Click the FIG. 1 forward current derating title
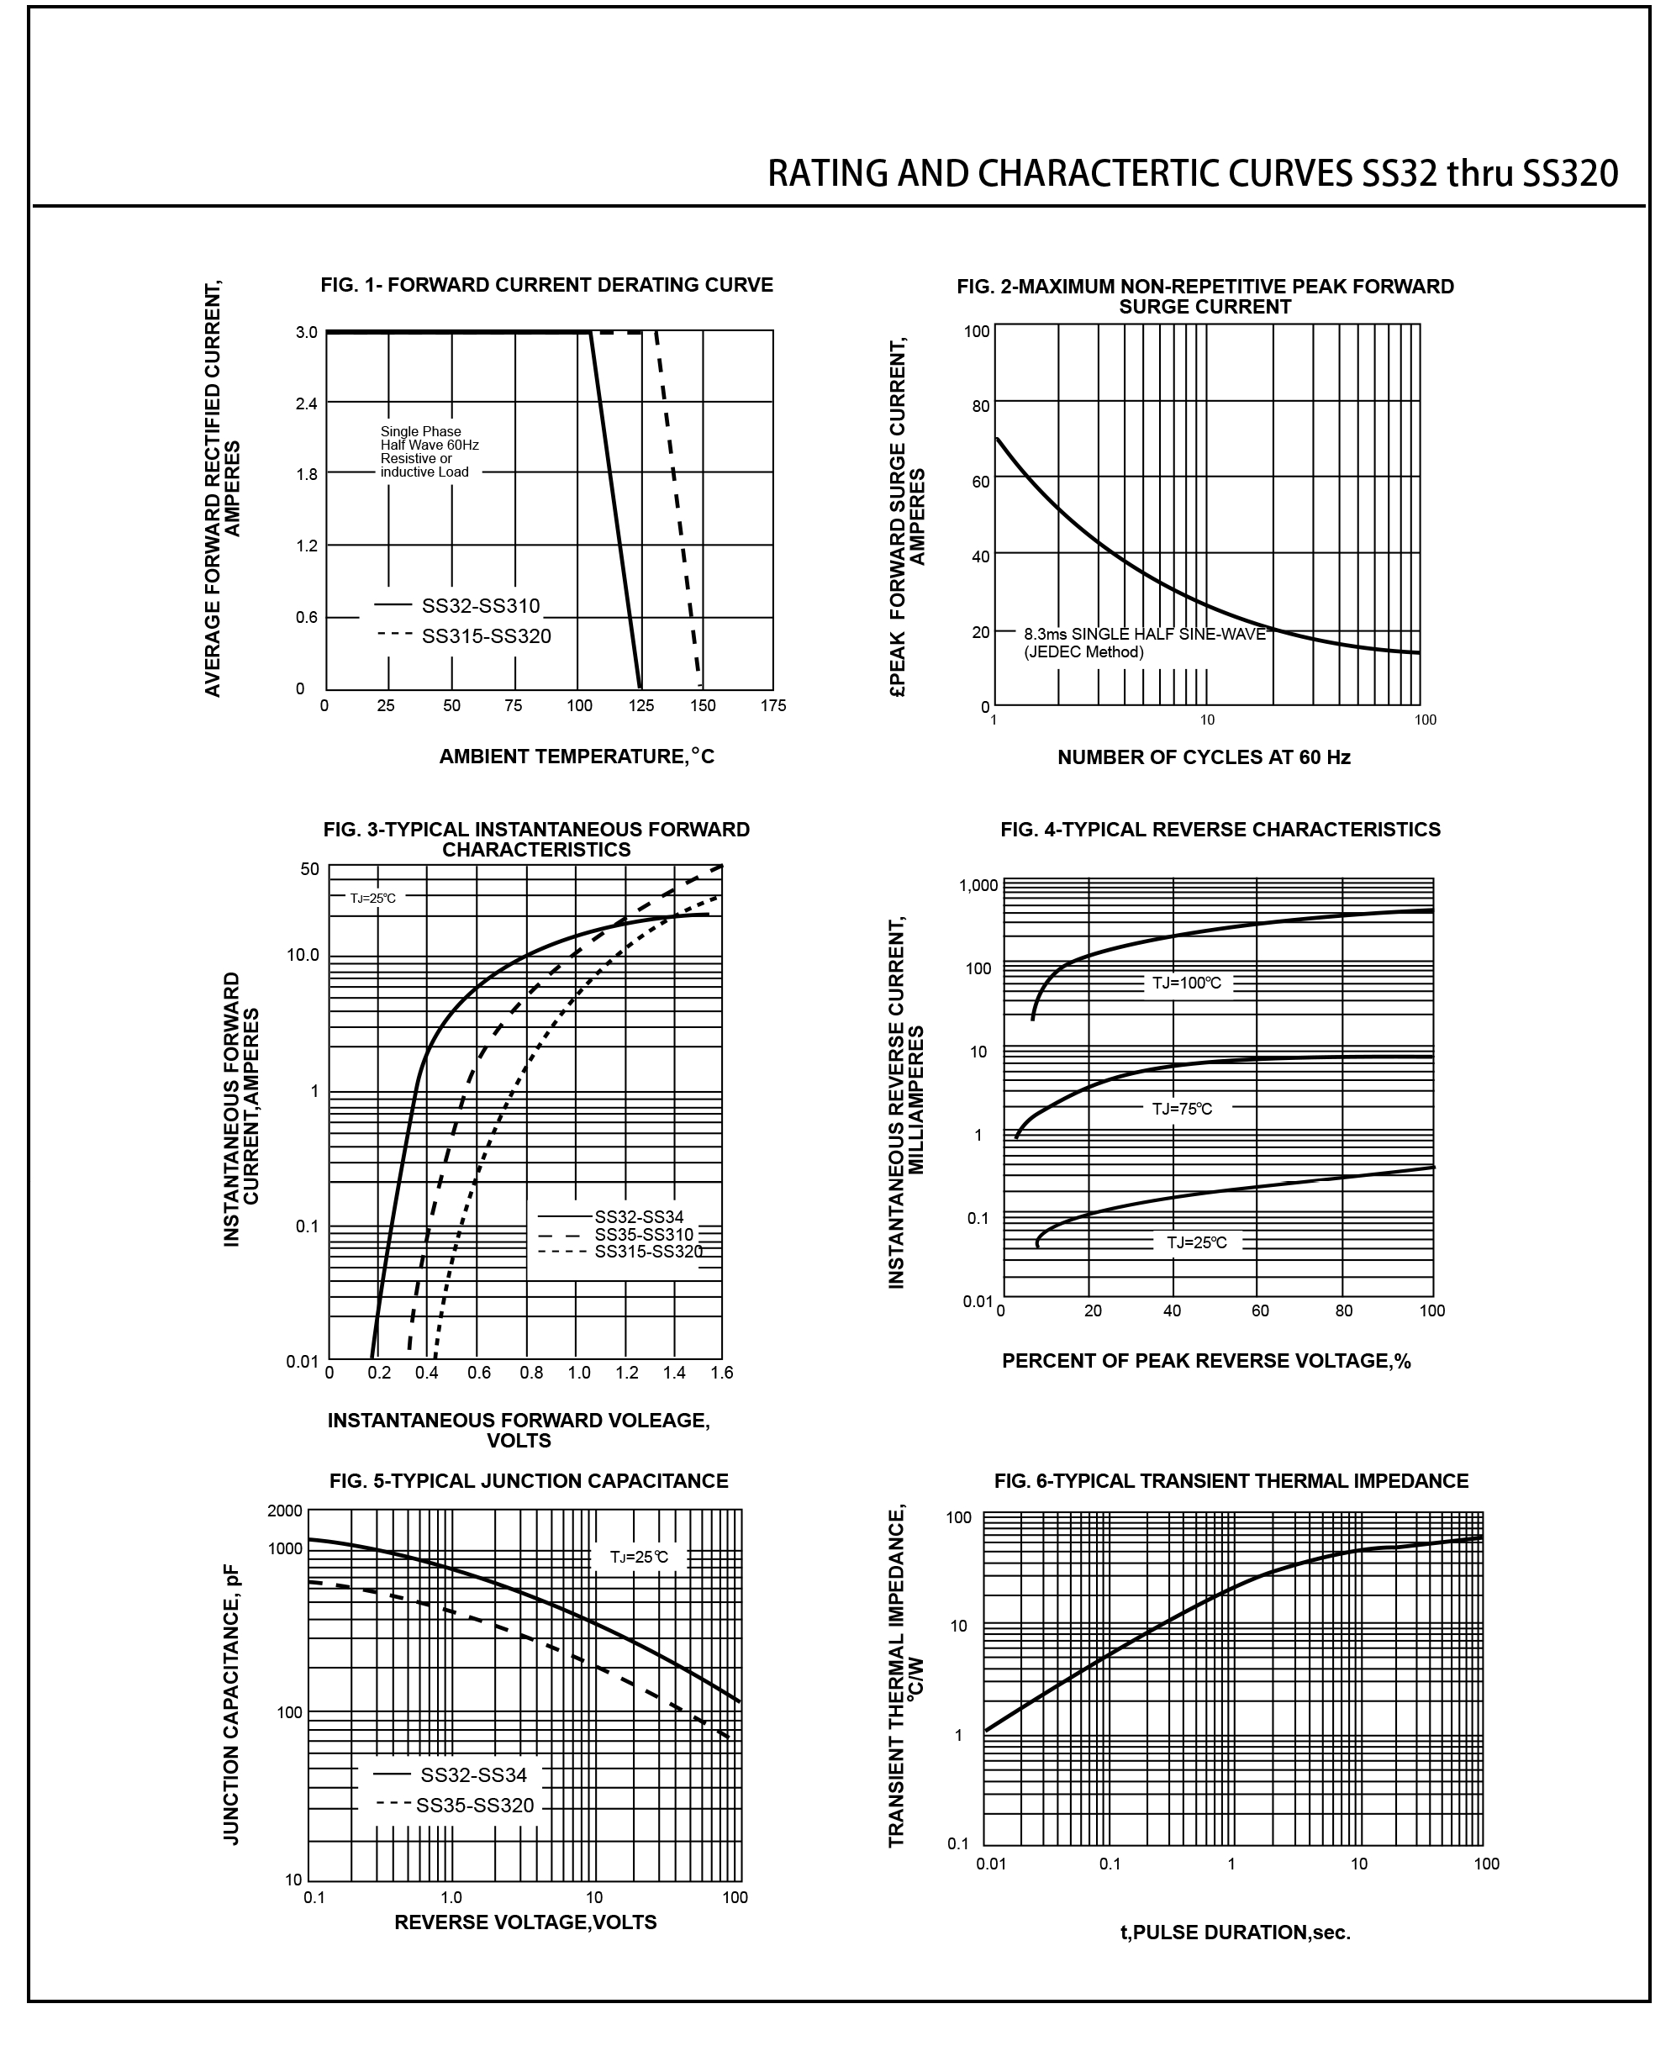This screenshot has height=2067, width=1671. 546,285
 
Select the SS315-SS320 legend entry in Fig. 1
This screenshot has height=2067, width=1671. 486,635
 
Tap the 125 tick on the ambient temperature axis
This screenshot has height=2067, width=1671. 641,706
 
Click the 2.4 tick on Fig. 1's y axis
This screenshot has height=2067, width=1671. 306,403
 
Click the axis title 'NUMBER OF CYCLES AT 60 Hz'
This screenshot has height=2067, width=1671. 1203,757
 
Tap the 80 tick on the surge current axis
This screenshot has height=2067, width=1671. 980,406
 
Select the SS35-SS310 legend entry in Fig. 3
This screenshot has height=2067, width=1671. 643,1234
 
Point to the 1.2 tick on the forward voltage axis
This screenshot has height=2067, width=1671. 627,1373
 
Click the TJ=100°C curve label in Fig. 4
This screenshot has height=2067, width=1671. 1187,983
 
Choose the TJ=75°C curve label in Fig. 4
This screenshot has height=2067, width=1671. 1182,1108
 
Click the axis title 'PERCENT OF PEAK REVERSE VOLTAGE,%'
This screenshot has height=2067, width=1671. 1206,1360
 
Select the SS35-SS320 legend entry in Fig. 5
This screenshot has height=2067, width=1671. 475,1805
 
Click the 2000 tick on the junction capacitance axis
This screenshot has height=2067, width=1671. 285,1511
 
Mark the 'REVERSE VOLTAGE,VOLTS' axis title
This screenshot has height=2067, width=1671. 525,1922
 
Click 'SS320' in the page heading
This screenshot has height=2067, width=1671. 1570,173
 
